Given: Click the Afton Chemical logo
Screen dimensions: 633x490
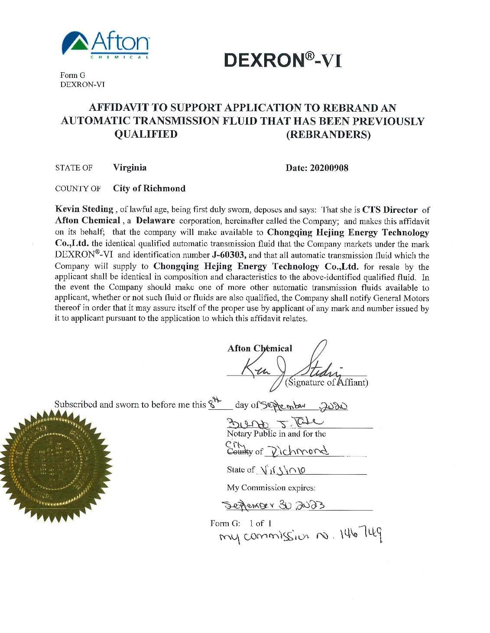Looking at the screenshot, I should coord(106,45).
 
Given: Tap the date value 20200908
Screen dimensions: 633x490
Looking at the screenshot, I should coord(330,168).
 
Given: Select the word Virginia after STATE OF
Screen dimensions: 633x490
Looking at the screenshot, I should coord(130,167).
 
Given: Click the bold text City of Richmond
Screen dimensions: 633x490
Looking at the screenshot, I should coord(149,189).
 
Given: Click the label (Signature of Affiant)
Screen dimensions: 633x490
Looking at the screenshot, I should coord(327,382).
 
